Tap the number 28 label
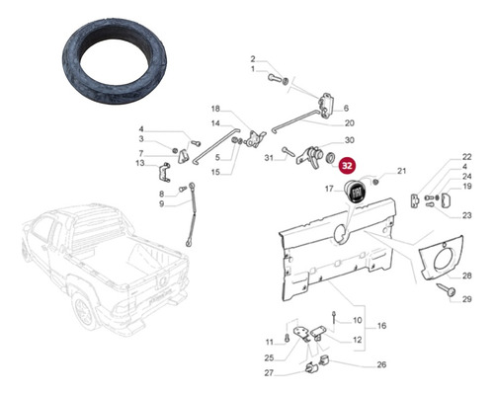click(468, 274)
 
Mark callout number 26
click(354, 363)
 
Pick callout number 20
click(350, 123)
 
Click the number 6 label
click(347, 109)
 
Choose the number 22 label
click(466, 157)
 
